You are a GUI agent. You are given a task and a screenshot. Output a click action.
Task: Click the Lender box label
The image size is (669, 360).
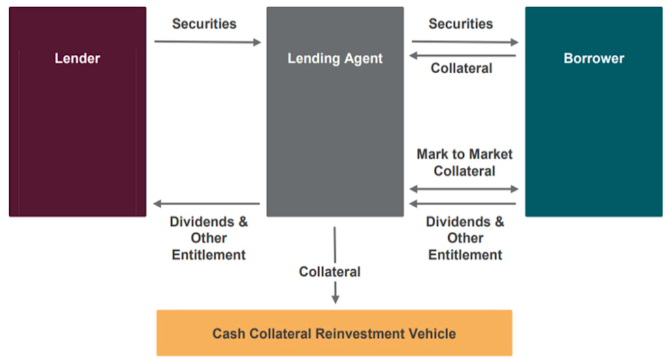(77, 58)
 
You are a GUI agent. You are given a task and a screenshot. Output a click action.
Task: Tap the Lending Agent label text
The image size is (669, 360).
(335, 58)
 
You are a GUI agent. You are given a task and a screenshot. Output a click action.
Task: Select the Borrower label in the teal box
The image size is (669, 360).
(594, 58)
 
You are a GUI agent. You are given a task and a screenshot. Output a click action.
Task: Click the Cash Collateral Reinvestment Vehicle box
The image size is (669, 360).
(334, 333)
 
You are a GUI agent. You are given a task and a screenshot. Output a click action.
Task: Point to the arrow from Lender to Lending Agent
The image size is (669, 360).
(207, 42)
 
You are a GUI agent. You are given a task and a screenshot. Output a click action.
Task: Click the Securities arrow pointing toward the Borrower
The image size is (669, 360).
(465, 42)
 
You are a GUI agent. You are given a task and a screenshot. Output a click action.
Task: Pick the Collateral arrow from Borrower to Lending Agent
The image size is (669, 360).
(463, 56)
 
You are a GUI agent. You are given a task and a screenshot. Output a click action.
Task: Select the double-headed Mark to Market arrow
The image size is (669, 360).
(464, 189)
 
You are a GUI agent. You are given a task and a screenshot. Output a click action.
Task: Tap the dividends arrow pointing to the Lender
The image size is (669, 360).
(206, 204)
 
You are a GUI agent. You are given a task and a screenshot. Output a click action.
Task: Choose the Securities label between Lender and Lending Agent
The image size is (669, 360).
(204, 24)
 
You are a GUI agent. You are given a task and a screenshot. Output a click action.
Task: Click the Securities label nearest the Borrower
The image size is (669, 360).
(461, 24)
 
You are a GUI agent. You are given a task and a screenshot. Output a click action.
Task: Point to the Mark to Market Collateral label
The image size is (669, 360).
(465, 163)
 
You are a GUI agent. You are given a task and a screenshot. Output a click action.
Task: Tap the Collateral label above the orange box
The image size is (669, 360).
(330, 271)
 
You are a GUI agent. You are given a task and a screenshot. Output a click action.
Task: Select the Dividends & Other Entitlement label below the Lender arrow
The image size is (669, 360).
(209, 238)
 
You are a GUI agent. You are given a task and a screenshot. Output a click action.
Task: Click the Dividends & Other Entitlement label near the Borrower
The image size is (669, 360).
(465, 238)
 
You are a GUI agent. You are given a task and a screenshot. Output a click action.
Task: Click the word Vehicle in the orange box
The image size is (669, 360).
(432, 333)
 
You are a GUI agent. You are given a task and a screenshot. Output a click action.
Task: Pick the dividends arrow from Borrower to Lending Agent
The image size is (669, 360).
(463, 204)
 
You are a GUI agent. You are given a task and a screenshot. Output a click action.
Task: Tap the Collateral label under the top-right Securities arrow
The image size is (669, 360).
(461, 68)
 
